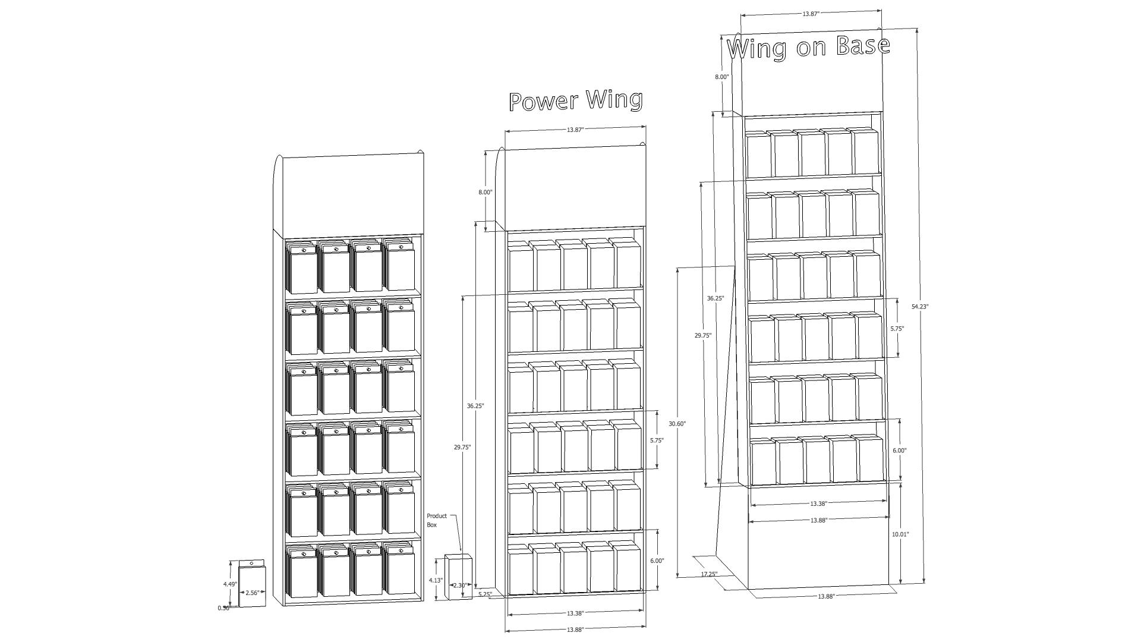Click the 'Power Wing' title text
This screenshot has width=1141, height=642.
click(576, 100)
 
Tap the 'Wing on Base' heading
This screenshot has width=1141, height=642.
click(808, 47)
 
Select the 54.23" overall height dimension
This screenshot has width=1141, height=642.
click(920, 307)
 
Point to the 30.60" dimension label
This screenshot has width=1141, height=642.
click(677, 424)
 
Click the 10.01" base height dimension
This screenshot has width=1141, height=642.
click(900, 534)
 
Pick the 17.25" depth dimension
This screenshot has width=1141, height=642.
click(709, 574)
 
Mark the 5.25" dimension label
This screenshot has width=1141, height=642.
click(485, 594)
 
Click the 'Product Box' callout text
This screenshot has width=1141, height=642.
click(437, 520)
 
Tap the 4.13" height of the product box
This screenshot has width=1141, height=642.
click(436, 580)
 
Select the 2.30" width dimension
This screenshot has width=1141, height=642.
click(460, 586)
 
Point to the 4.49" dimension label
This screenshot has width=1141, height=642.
click(231, 584)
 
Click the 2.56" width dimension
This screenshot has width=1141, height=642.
click(253, 593)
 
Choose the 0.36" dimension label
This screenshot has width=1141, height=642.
click(223, 608)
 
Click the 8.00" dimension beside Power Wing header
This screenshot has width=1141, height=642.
click(485, 193)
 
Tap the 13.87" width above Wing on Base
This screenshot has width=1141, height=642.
click(811, 13)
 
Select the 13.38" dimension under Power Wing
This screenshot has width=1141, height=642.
click(575, 613)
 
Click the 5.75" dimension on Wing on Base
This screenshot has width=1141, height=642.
click(897, 328)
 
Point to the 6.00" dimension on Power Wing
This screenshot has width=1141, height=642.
click(657, 561)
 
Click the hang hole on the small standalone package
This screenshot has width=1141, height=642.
click(251, 563)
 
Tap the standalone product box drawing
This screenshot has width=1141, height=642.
click(458, 577)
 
